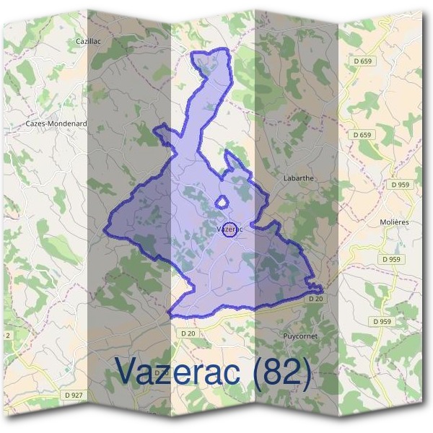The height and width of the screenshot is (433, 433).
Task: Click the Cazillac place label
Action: tap(88, 42)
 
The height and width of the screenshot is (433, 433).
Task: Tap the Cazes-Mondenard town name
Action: tap(56, 123)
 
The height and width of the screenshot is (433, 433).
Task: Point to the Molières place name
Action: tap(394, 222)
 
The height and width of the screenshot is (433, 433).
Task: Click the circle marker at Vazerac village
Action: tap(229, 229)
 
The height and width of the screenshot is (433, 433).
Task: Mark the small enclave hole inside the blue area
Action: tap(223, 203)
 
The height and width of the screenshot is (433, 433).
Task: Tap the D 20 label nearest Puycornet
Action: tap(315, 298)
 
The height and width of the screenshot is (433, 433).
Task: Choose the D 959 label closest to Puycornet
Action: tap(382, 320)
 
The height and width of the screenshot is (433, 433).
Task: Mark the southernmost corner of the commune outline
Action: tap(170, 315)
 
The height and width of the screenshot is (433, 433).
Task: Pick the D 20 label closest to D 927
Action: tap(188, 333)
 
